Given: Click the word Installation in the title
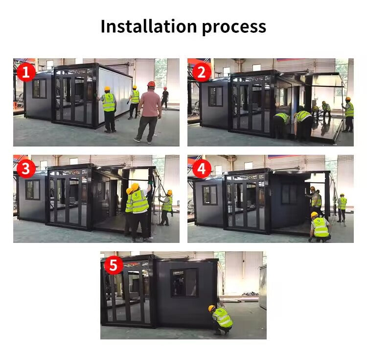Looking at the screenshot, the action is tap(149, 26).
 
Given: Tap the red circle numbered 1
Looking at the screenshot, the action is tap(26, 72).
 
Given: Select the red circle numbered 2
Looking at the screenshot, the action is tap(202, 72).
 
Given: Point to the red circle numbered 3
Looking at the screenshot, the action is tap(26, 168).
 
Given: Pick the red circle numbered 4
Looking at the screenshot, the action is tap(202, 168).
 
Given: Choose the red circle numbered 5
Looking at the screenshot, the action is tap(114, 265).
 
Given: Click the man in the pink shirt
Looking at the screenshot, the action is tap(148, 112).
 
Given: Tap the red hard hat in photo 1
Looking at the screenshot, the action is tap(151, 84).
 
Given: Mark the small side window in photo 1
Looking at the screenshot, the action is tap(39, 89).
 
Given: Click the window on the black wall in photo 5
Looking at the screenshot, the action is tap(184, 283).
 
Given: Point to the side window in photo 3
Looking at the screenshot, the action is tap(33, 190).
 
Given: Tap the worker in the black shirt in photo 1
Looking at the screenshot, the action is tap(165, 98).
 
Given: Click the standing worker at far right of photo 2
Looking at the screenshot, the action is tap(348, 114).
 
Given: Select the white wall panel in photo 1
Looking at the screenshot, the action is tap(115, 94).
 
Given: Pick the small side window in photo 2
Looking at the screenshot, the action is tap(216, 96).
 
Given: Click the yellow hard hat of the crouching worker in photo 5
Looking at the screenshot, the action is tap(211, 308).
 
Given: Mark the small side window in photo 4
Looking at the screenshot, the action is tap(210, 195).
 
